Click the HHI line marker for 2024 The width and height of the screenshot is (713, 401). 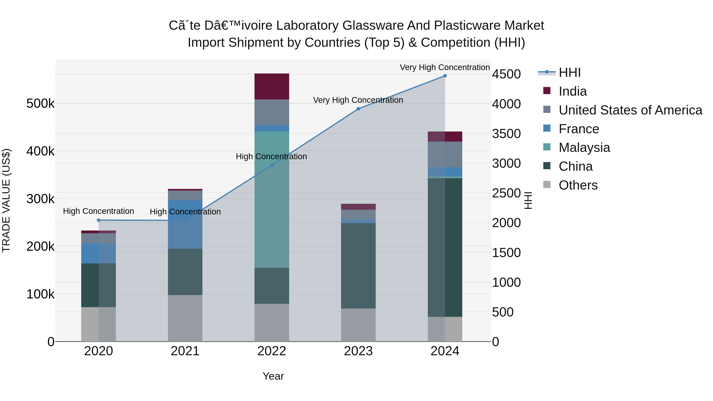pyautogui.click(x=445, y=76)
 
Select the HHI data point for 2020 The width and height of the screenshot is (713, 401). pyautogui.click(x=99, y=220)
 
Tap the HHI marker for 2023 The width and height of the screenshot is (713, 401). pyautogui.click(x=358, y=109)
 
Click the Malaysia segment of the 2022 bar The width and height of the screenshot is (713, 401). pyautogui.click(x=272, y=199)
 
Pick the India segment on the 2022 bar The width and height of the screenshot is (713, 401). pyautogui.click(x=272, y=86)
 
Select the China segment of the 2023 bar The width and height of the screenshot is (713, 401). pyautogui.click(x=358, y=266)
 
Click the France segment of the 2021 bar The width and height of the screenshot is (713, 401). pyautogui.click(x=185, y=224)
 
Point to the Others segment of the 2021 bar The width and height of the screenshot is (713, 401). pyautogui.click(x=185, y=318)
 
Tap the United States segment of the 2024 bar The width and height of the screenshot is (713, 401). pyautogui.click(x=445, y=154)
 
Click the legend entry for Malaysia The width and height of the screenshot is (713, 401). pyautogui.click(x=584, y=148)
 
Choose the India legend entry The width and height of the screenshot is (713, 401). pyautogui.click(x=572, y=91)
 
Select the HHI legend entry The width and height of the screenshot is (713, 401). pyautogui.click(x=569, y=72)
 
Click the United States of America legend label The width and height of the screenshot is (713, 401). pyautogui.click(x=630, y=110)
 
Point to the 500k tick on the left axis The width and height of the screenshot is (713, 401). pyautogui.click(x=40, y=104)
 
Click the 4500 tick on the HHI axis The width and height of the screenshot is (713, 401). pyautogui.click(x=506, y=74)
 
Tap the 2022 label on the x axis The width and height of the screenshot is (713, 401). pyautogui.click(x=272, y=351)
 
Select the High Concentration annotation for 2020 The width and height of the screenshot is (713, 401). pyautogui.click(x=99, y=211)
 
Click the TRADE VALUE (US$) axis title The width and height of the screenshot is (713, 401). pyautogui.click(x=6, y=200)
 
